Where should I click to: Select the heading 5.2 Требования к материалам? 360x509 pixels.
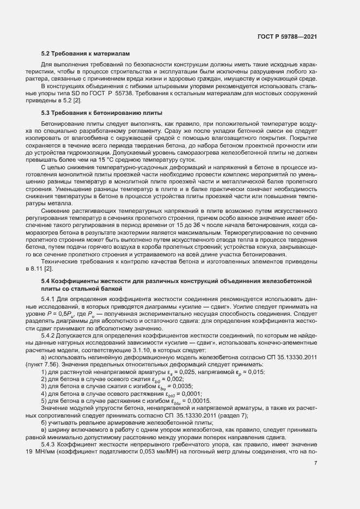[x=86, y=54]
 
